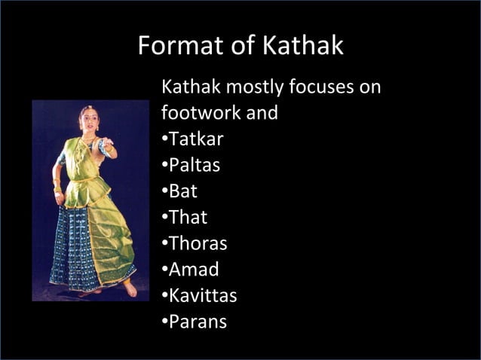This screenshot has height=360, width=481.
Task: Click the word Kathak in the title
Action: (x=303, y=46)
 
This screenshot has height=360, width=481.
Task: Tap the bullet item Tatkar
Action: (x=195, y=140)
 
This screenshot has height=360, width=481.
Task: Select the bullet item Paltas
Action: (x=194, y=166)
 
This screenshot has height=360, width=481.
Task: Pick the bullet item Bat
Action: (x=182, y=191)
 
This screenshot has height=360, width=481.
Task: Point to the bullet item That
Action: (x=187, y=218)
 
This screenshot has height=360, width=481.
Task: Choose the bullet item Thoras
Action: (x=197, y=244)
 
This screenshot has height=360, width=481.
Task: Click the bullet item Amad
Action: (x=193, y=270)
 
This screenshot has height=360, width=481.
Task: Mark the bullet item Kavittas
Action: (x=202, y=296)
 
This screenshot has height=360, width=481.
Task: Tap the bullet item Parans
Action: (x=198, y=322)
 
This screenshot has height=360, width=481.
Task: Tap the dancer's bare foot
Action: (x=130, y=287)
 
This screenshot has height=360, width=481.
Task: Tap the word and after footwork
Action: (x=262, y=114)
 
